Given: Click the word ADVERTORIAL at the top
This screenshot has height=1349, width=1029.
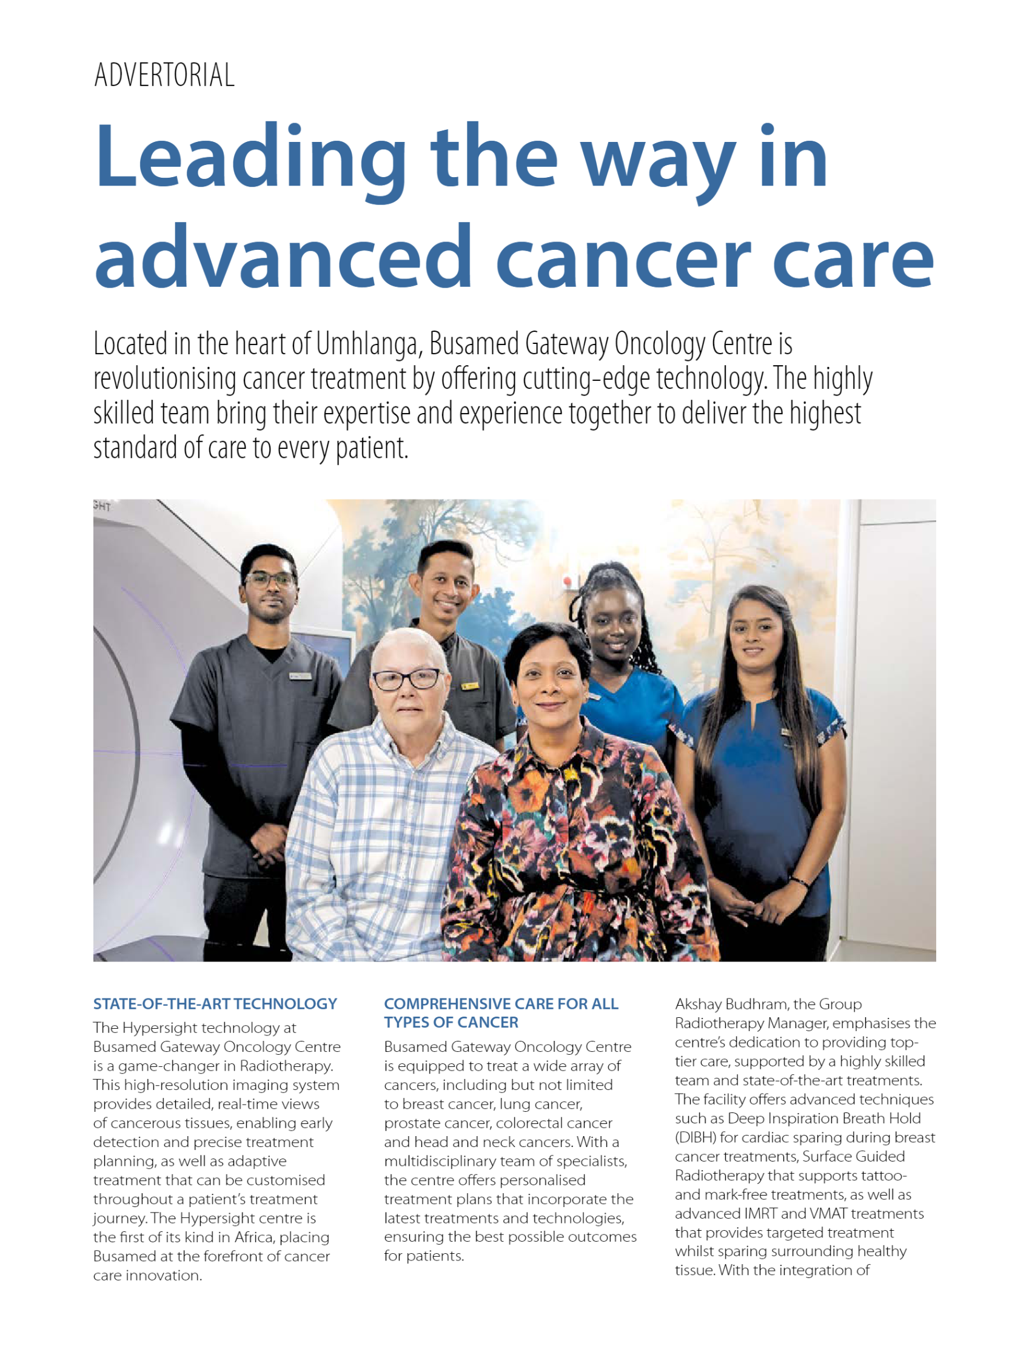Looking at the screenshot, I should coord(164,75).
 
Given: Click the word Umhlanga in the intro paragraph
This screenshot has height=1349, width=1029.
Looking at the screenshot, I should coord(369,344).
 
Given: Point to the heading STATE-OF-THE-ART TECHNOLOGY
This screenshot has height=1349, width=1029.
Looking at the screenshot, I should coord(215,1003).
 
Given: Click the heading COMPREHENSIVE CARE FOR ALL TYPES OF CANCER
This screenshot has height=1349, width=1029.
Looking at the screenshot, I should coord(500,1013).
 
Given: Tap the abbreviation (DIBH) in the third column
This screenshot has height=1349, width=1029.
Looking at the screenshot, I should coord(695,1138).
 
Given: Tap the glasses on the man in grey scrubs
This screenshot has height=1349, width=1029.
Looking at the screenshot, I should coord(269,579).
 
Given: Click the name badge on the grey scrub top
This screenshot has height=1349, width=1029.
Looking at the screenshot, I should coord(300,676).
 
